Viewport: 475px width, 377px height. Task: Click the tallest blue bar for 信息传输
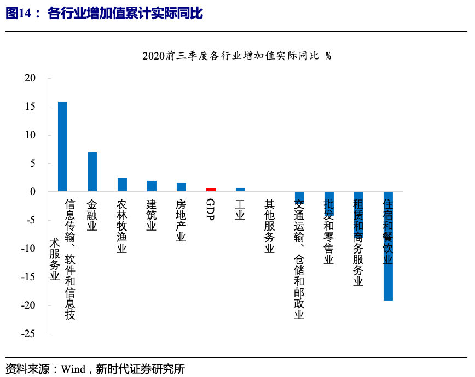[62, 146]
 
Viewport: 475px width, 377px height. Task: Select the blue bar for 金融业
[92, 172]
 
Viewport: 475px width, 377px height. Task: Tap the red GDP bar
[211, 190]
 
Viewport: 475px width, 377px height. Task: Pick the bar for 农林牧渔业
[122, 185]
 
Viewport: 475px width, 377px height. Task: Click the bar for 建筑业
[152, 186]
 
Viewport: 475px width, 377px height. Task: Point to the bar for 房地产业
[181, 187]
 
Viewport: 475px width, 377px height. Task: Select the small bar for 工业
[240, 190]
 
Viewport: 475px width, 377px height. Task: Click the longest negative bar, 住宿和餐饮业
[388, 246]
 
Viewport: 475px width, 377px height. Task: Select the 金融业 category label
[92, 215]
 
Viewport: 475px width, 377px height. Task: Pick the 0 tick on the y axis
[33, 192]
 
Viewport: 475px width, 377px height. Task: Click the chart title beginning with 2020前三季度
[236, 56]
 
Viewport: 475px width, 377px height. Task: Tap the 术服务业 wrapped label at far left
[54, 260]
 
